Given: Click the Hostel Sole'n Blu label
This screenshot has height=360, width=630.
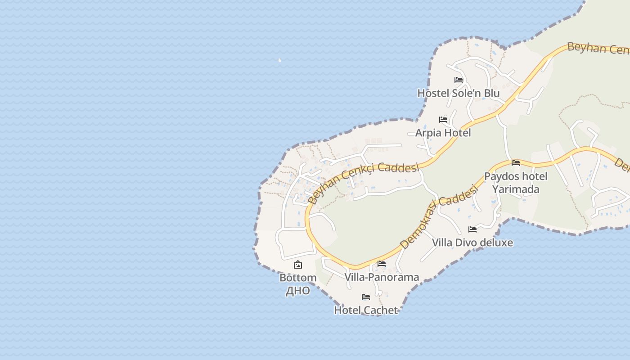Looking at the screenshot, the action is [x=459, y=93].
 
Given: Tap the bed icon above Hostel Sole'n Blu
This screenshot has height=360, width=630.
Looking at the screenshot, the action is [x=459, y=80].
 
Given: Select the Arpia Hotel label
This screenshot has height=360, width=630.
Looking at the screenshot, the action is [x=443, y=133].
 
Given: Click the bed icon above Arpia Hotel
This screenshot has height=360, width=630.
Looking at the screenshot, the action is [x=443, y=120].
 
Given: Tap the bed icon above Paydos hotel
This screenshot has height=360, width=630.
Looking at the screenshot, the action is [x=516, y=162].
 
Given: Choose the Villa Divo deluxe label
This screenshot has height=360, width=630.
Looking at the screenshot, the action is [x=472, y=243].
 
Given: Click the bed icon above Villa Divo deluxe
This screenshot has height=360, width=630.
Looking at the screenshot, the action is [x=472, y=229].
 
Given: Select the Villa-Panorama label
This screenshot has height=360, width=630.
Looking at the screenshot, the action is [x=382, y=277].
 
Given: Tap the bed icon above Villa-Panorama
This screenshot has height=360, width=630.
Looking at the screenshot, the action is [x=382, y=264].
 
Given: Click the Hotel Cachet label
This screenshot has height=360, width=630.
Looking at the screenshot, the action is [x=366, y=310].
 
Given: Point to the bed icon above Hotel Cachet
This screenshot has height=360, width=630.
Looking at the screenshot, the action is [x=366, y=297].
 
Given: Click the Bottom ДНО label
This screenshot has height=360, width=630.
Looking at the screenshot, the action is [x=298, y=284].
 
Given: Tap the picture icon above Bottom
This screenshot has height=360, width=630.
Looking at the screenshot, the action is [x=298, y=265].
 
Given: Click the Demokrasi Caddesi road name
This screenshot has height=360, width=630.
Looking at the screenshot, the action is [x=438, y=218].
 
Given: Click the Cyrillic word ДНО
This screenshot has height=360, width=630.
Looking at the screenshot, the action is [x=298, y=291].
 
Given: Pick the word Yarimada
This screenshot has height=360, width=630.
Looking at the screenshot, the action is [x=516, y=189].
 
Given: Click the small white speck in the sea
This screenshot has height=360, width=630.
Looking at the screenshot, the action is [x=279, y=60].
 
